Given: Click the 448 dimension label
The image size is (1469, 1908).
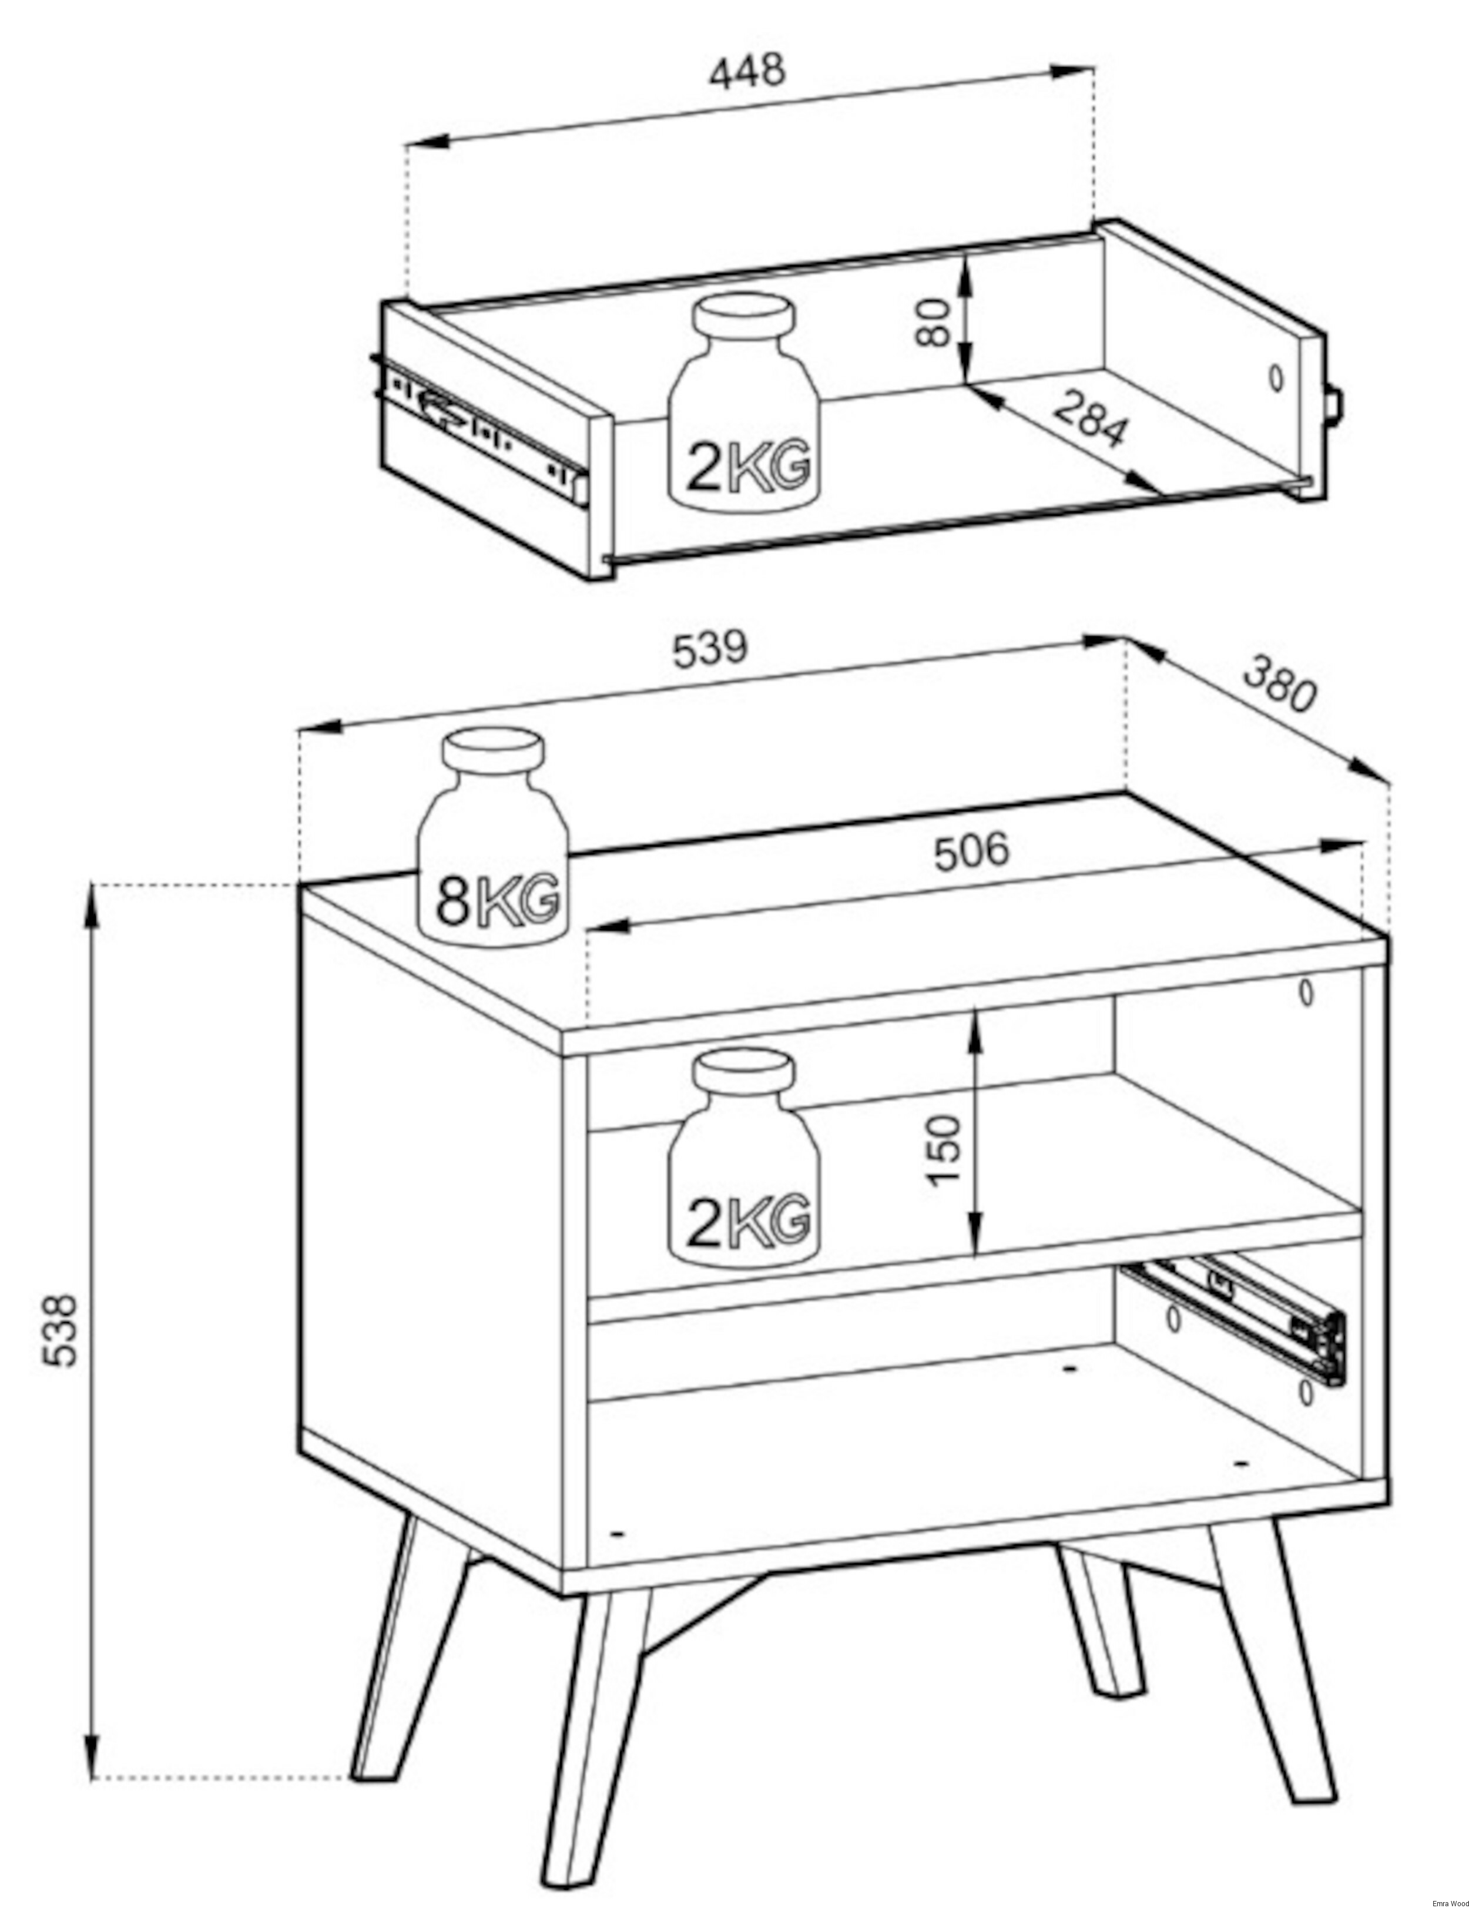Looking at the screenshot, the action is (747, 72).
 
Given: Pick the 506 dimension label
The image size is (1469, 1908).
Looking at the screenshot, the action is (971, 852).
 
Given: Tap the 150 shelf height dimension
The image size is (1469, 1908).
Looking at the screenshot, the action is (943, 1150).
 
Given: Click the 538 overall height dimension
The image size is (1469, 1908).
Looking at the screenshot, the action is (61, 1330).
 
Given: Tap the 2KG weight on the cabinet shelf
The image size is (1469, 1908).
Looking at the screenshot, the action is (743, 1159).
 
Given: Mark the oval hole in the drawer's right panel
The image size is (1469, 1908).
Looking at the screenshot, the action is (1276, 377).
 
